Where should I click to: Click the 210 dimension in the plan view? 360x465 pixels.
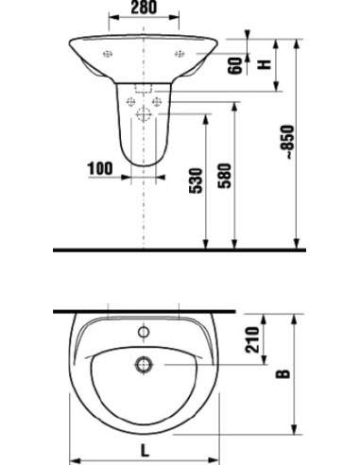coord(253,341)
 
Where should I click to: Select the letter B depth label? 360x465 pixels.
coord(281,376)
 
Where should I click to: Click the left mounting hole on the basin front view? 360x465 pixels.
coord(108,54)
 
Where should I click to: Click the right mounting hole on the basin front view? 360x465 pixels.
coord(179,54)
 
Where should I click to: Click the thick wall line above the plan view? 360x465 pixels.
coord(142,311)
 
